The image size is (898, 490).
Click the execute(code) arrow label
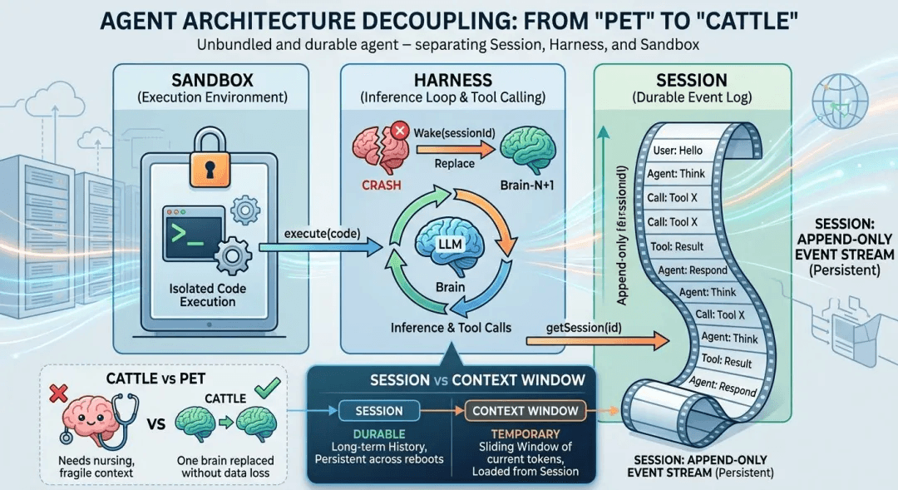click(x=318, y=234)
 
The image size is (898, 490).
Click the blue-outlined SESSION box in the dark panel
click(x=379, y=410)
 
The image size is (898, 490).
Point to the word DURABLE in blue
click(x=379, y=434)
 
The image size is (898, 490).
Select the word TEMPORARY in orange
click(x=524, y=434)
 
